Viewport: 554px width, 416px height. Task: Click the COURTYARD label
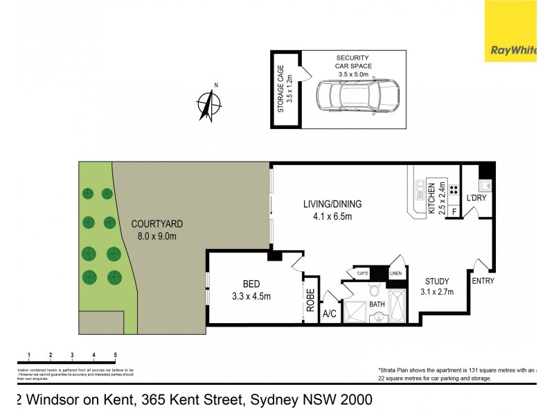click(157, 224)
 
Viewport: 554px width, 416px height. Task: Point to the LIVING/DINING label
click(332, 205)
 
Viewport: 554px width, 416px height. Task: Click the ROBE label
click(311, 298)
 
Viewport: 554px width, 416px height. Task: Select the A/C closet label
click(330, 314)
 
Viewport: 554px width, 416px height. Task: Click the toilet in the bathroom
click(374, 289)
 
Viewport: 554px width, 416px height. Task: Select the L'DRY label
click(478, 198)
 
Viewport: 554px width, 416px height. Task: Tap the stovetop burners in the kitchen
click(454, 189)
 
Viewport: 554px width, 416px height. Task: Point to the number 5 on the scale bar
click(115, 355)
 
